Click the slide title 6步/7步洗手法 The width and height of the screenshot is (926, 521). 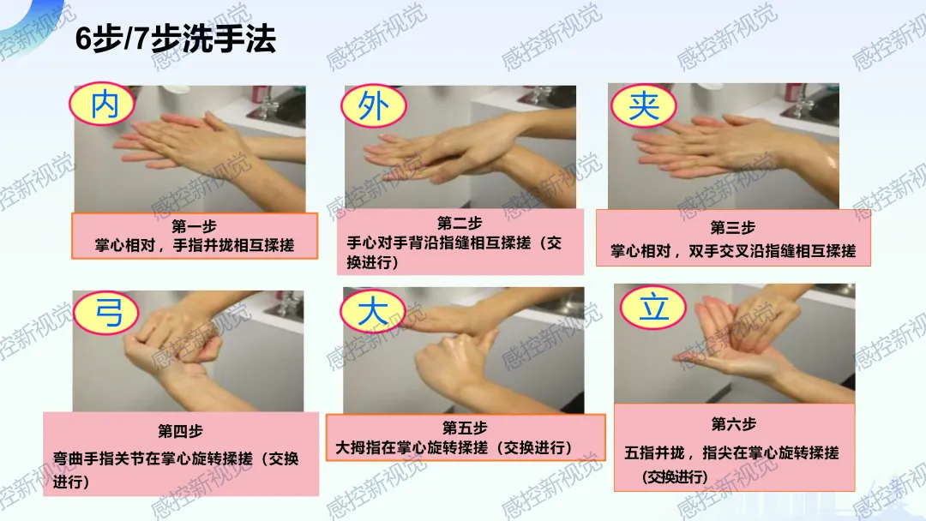click(x=176, y=39)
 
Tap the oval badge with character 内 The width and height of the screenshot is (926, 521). click(x=103, y=105)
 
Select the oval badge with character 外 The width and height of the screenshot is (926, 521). click(x=374, y=106)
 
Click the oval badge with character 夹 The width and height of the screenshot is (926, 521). click(x=644, y=106)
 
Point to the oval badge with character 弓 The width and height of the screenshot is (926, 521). click(x=107, y=313)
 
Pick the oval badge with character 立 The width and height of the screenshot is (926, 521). click(x=653, y=308)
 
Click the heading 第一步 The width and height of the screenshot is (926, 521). click(x=195, y=226)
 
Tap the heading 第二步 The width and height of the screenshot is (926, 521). click(x=460, y=223)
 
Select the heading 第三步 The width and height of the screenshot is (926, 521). click(x=733, y=227)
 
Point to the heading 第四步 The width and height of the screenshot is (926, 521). click(x=180, y=431)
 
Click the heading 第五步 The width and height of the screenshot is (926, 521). click(x=465, y=428)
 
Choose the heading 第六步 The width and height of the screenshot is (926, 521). click(x=733, y=423)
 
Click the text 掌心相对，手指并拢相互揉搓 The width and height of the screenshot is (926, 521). click(x=195, y=245)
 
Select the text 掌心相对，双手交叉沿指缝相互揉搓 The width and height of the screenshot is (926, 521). click(x=733, y=251)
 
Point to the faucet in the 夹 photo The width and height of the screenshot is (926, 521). click(x=803, y=101)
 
